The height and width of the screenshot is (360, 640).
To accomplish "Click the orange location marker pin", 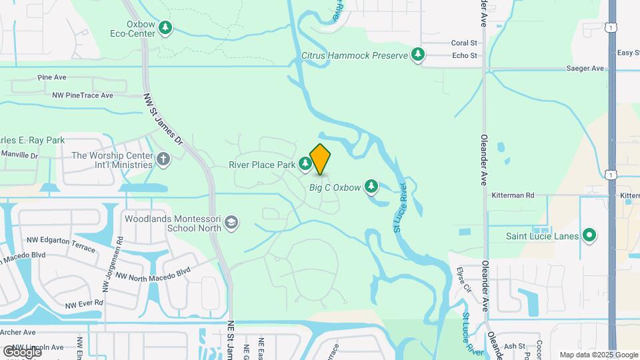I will pyautogui.click(x=321, y=159).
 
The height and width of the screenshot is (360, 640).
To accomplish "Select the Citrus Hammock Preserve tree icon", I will pyautogui.click(x=418, y=55).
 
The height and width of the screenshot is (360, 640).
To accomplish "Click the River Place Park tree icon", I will pyautogui.click(x=305, y=163).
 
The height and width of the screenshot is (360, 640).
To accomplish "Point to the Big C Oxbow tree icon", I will pyautogui.click(x=371, y=187).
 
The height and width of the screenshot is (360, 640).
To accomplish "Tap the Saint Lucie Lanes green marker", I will pyautogui.click(x=589, y=235).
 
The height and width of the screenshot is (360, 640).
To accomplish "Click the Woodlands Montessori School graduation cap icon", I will pyautogui.click(x=231, y=223).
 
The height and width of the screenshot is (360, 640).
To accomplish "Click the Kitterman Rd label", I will pyautogui.click(x=513, y=195).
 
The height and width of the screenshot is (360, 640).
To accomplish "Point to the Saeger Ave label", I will pyautogui.click(x=585, y=68).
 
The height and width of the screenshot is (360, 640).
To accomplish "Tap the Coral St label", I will pyautogui.click(x=465, y=43).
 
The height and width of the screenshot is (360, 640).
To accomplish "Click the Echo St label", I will pyautogui.click(x=465, y=56).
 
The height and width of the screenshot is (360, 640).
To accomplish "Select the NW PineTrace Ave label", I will pyautogui.click(x=83, y=95).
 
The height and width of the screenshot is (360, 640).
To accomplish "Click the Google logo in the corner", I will pyautogui.click(x=22, y=351).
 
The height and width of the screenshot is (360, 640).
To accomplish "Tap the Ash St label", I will pyautogui.click(x=514, y=346).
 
